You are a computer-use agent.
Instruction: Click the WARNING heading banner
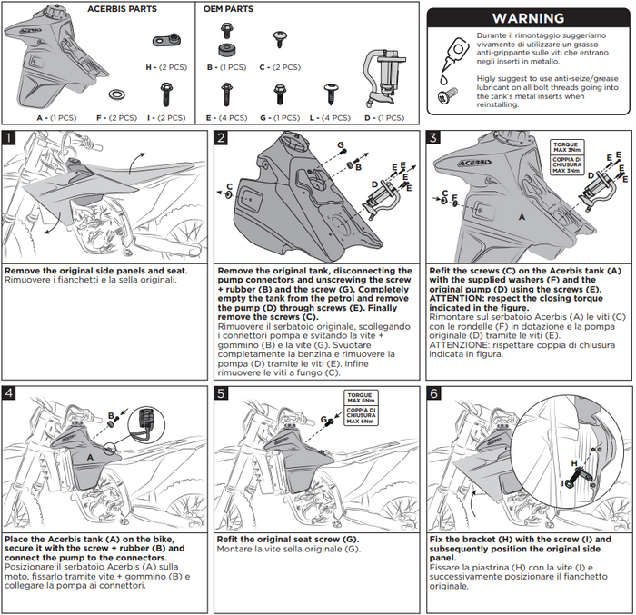tap(527, 18)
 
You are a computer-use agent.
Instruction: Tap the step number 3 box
tap(434, 138)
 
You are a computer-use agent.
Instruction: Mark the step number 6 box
tap(434, 393)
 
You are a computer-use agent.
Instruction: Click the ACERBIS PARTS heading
tap(122, 9)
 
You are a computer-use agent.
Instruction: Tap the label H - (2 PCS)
tap(167, 67)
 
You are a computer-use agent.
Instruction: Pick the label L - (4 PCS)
tap(332, 117)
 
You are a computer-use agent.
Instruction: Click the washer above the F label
tap(118, 94)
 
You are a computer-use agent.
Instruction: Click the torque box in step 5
tap(363, 408)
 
